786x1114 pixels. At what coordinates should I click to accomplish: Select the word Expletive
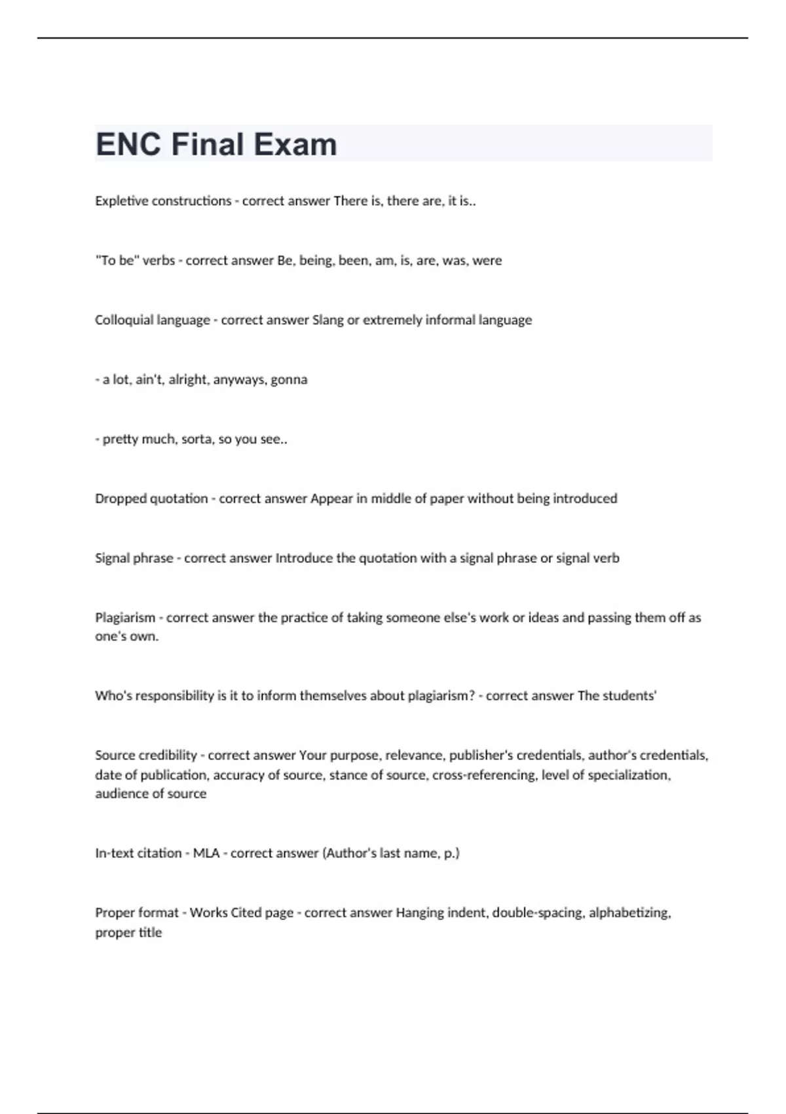[121, 201]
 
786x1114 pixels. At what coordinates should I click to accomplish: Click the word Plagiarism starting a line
[125, 617]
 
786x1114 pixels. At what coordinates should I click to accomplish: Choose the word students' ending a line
[629, 695]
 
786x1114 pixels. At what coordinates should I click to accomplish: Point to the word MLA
[206, 853]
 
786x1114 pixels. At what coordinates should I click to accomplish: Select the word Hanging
[419, 913]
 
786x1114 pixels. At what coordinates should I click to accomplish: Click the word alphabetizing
[629, 913]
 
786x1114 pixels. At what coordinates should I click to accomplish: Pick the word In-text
[116, 853]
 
